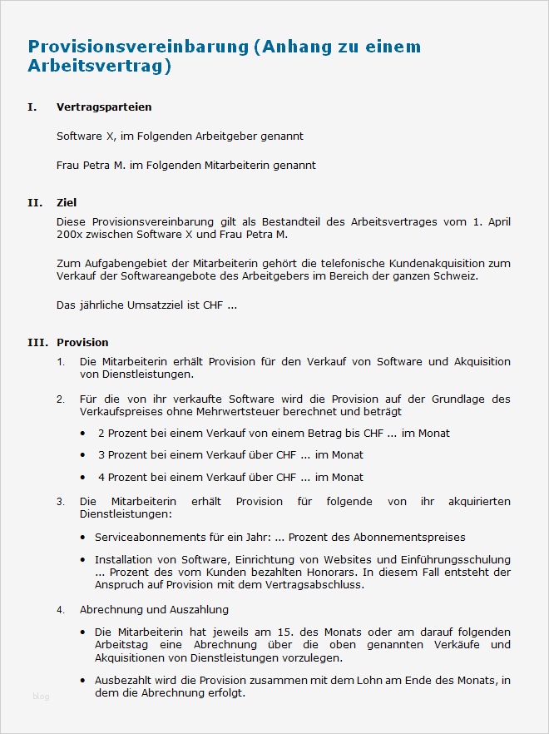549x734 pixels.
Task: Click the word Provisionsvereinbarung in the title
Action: click(138, 47)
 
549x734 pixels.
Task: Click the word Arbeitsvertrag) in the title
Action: click(99, 67)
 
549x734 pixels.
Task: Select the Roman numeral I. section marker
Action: click(32, 107)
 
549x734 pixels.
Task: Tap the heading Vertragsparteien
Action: click(104, 107)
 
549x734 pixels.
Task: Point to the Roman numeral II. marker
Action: click(34, 202)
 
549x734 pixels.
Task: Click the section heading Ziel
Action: click(67, 202)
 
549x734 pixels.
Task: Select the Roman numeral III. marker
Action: click(37, 342)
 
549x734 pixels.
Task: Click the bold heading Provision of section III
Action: click(82, 342)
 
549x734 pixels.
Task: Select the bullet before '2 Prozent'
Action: click(82, 434)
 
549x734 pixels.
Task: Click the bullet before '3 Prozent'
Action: click(82, 455)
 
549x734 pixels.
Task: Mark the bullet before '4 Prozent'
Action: click(82, 478)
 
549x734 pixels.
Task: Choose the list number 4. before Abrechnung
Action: click(61, 610)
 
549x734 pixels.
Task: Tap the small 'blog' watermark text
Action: click(41, 697)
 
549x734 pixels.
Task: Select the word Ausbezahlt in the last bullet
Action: click(124, 681)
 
